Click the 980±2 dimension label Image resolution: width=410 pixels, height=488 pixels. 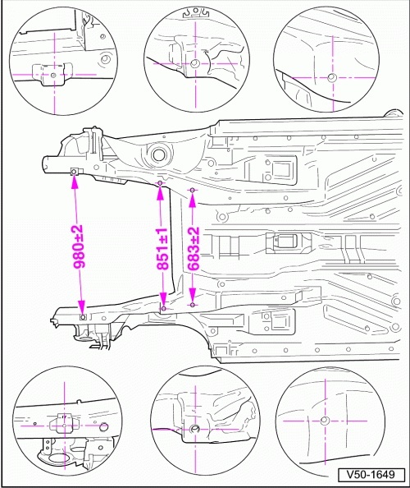point(79,246)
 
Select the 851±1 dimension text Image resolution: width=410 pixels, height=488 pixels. point(162,249)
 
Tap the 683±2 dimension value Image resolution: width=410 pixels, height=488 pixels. point(194,249)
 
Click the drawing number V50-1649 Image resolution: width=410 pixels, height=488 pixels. point(371,475)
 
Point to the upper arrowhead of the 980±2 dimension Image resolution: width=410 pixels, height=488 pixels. point(75,183)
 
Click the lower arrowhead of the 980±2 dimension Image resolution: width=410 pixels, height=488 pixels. point(82,306)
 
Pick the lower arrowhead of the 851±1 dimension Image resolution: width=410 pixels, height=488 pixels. point(163,298)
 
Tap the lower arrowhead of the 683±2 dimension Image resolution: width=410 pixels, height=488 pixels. point(193,294)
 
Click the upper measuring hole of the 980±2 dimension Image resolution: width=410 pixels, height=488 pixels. point(75,172)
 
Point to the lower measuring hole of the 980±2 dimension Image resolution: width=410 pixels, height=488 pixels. point(83,317)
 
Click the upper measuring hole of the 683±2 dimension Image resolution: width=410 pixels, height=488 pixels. point(193,190)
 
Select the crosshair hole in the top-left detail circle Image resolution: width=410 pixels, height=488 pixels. point(53,75)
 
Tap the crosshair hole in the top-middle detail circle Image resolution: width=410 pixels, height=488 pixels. point(195,63)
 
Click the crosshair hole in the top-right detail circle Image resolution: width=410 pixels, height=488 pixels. point(332,77)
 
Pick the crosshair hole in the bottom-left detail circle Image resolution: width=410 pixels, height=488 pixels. point(64,426)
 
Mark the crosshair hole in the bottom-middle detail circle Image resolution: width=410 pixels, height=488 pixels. point(195,429)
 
